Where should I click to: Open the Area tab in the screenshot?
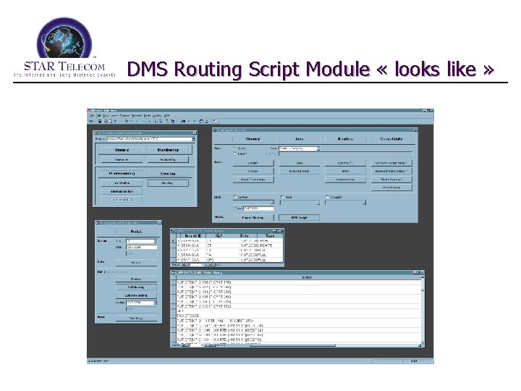pos(299,138)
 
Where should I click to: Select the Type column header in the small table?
pos(271,236)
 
